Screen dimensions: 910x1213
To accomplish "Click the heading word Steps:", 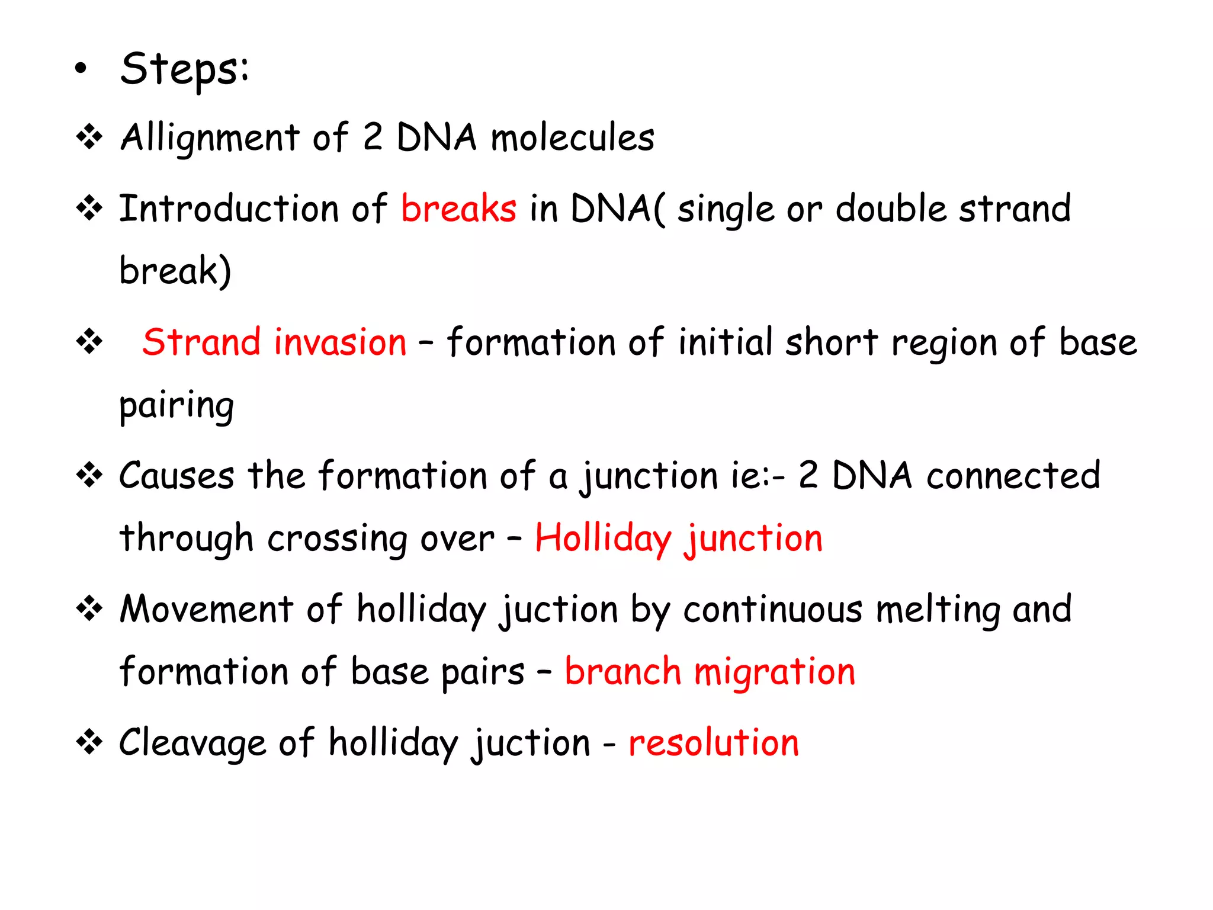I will [x=184, y=70].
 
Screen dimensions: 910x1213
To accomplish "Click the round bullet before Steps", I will [x=81, y=69].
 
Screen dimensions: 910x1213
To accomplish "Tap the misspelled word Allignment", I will [x=210, y=139].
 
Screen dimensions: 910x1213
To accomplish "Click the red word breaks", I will [x=458, y=209].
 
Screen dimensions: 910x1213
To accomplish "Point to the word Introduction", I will [x=229, y=209].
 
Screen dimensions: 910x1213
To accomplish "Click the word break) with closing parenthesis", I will [x=175, y=271].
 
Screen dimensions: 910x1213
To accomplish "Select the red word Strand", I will [x=201, y=342].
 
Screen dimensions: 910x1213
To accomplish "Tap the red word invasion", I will [x=340, y=342].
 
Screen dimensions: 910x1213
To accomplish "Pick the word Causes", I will [x=177, y=476].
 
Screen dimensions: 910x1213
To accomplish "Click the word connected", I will [x=1013, y=476].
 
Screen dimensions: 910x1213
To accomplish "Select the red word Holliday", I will [x=603, y=539].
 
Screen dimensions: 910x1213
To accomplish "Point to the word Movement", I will [x=206, y=609].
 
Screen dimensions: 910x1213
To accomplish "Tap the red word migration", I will [x=774, y=673].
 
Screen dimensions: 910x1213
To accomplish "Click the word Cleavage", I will [x=192, y=744].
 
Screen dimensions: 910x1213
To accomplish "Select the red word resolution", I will [x=713, y=743].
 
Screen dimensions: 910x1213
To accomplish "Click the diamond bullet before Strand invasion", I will [x=89, y=342].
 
